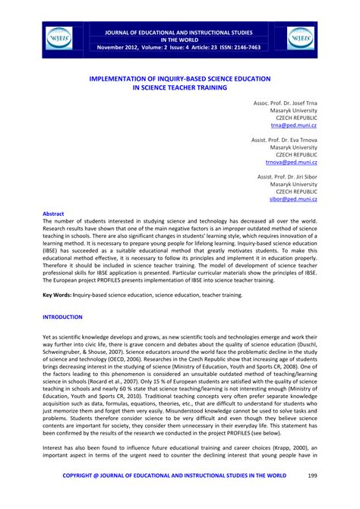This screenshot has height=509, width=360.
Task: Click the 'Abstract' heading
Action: coord(54,214)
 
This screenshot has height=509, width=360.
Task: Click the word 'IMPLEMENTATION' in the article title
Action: coord(121,77)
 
